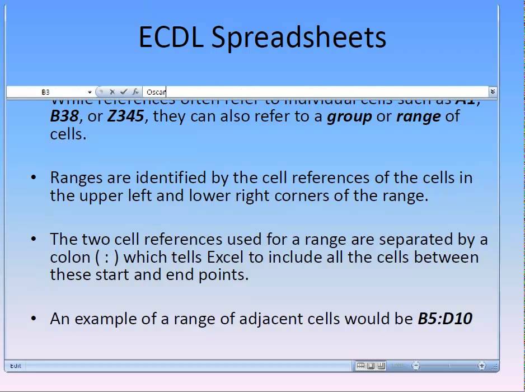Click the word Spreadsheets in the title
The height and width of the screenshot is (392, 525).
[299, 38]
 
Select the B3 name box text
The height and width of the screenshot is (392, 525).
[45, 92]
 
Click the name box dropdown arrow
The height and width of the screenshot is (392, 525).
[90, 92]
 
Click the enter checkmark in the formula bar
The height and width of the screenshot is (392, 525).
[124, 92]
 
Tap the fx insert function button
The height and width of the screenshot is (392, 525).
[135, 92]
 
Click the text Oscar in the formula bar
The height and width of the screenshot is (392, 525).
[156, 92]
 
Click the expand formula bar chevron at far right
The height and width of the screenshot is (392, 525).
[493, 91]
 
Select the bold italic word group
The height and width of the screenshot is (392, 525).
[349, 116]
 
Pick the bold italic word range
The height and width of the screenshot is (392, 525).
[419, 116]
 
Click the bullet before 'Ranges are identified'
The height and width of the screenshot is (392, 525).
[34, 178]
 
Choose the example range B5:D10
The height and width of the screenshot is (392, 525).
[445, 319]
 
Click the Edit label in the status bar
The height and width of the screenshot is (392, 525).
[16, 366]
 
